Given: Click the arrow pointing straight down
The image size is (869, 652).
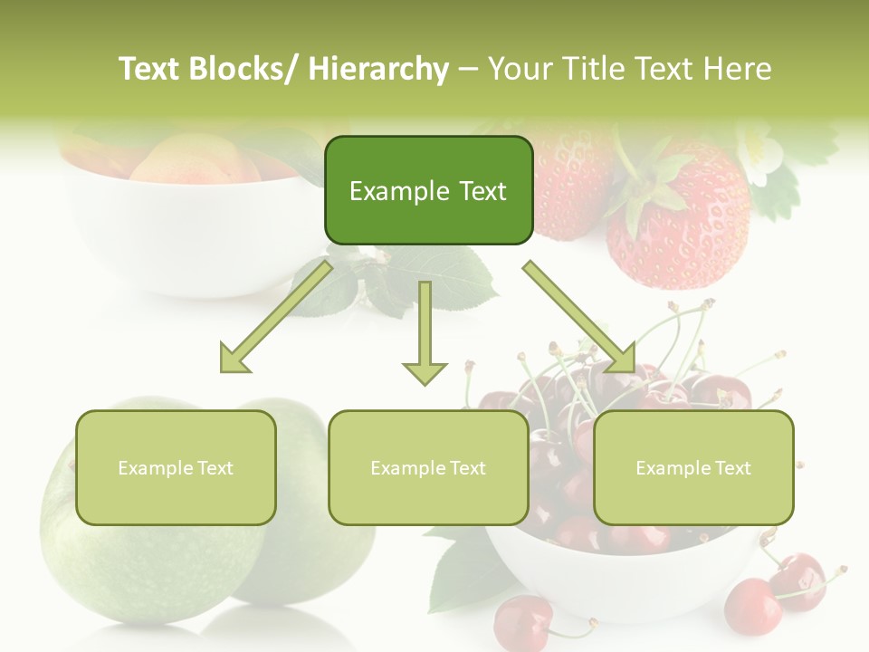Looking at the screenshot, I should click(x=425, y=335).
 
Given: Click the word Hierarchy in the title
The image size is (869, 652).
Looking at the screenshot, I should click(x=378, y=69).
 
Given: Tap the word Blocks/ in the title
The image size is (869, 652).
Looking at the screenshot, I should click(x=246, y=69).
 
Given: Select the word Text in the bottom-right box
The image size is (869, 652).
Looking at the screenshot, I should click(x=731, y=468).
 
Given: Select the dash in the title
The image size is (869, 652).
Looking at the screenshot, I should click(x=467, y=69).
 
